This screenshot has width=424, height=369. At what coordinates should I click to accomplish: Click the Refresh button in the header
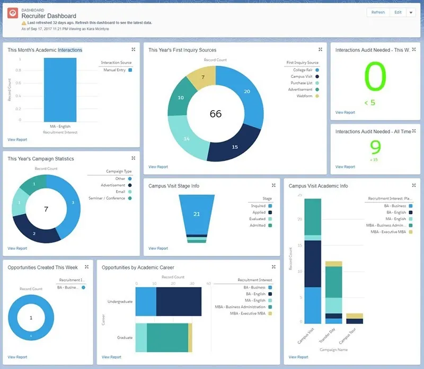pos(378,13)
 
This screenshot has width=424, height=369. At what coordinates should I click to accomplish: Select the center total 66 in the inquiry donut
pos(216,114)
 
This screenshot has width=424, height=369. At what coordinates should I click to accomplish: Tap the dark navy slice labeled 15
pos(235,147)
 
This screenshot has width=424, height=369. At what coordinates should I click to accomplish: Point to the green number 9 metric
pos(375,147)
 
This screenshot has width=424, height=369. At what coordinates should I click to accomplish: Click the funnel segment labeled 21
pos(196,214)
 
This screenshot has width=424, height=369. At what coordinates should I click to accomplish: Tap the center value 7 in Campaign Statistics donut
pos(46,210)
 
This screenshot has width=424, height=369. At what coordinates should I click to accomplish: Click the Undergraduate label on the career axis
pos(119,302)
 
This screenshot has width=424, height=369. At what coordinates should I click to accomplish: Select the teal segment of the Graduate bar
pos(167,337)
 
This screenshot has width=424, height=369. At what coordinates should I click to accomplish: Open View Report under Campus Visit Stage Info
pos(158,248)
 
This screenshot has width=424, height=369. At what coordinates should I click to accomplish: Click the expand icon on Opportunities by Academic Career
pos(273,267)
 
